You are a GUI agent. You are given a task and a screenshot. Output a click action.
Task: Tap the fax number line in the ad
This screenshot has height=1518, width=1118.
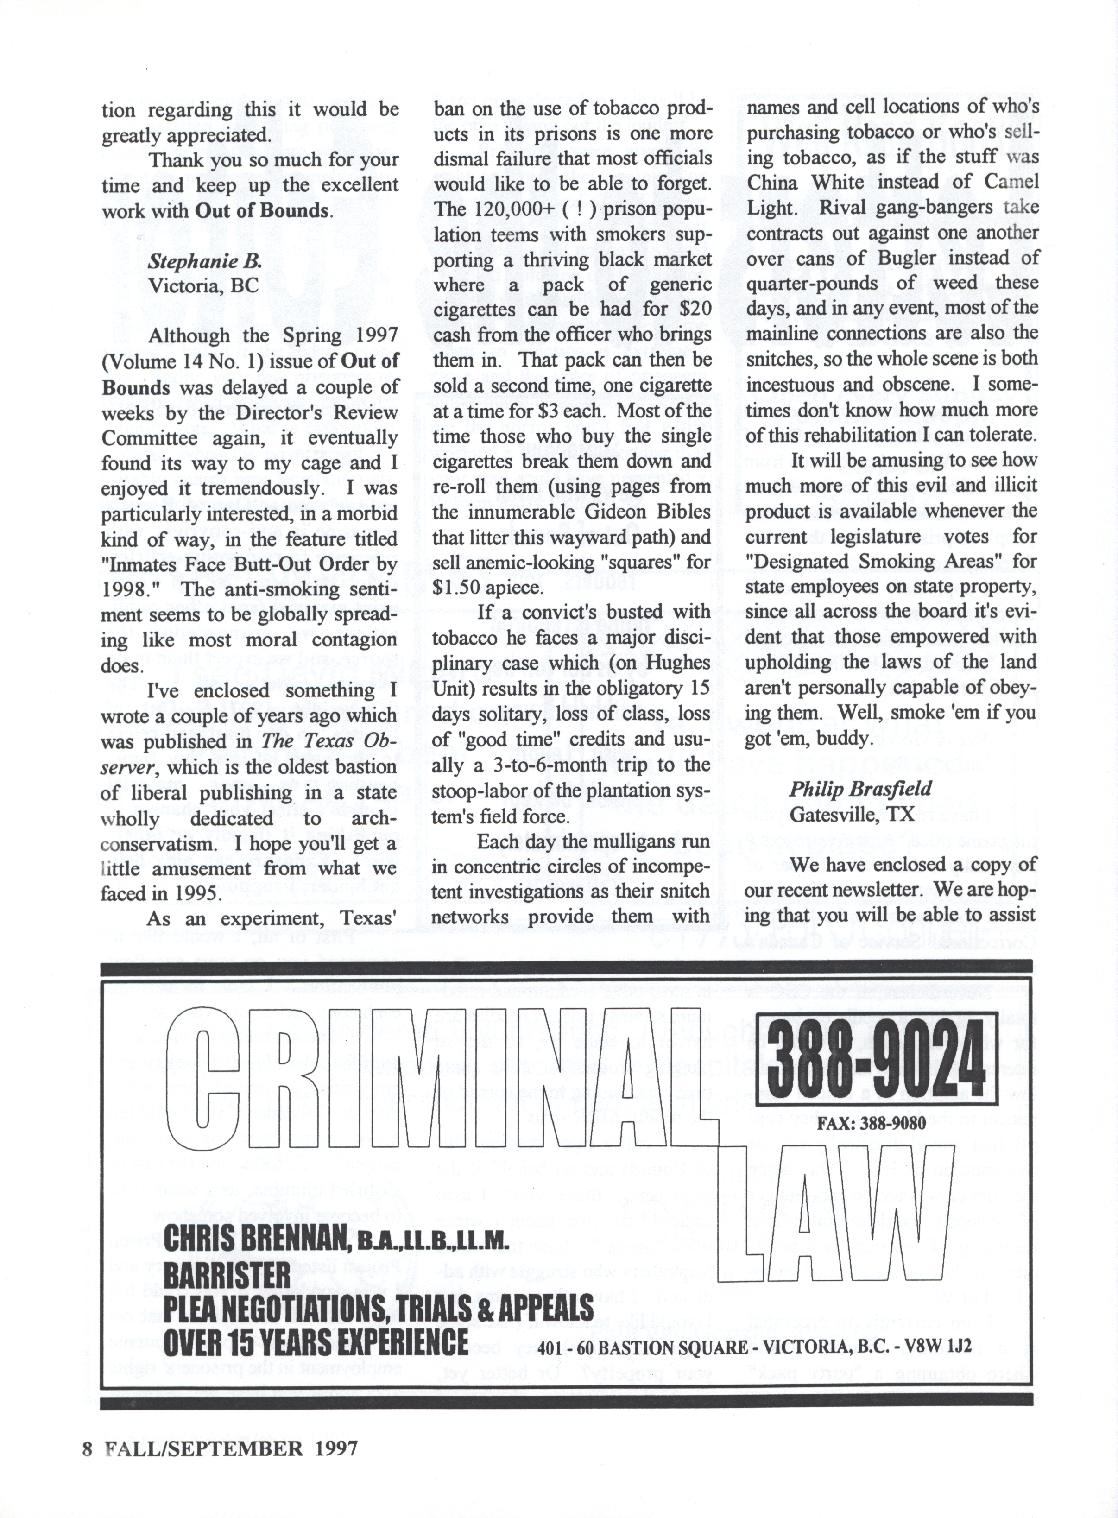click(871, 1124)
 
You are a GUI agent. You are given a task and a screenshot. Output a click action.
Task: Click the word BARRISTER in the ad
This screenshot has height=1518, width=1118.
click(227, 1276)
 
